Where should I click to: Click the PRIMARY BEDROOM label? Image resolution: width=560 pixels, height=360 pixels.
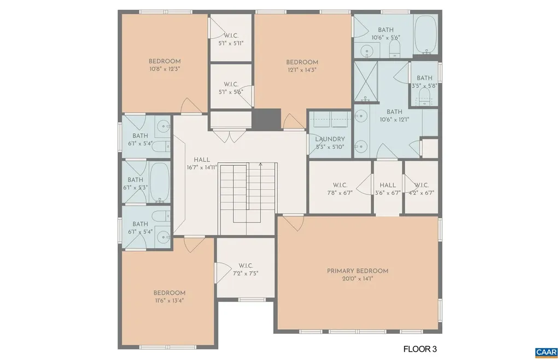pyautogui.click(x=358, y=271)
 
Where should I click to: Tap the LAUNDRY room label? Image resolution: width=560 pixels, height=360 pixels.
pyautogui.click(x=330, y=140)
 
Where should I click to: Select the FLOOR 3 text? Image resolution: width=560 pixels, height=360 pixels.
pyautogui.click(x=420, y=349)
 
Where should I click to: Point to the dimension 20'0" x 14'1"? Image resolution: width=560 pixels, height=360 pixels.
pyautogui.click(x=358, y=279)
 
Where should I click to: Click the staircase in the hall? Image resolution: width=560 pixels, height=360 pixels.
pyautogui.click(x=246, y=194)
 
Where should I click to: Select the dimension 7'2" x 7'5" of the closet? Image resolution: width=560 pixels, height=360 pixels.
pyautogui.click(x=245, y=274)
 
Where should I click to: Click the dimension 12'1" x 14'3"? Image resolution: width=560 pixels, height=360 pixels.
pyautogui.click(x=302, y=70)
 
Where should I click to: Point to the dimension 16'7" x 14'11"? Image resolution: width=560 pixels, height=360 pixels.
pyautogui.click(x=202, y=168)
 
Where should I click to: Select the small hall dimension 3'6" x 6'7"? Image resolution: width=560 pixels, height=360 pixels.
pyautogui.click(x=388, y=193)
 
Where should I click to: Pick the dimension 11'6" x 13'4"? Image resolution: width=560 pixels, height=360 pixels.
pyautogui.click(x=169, y=300)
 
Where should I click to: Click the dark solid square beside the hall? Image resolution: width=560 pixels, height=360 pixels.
pyautogui.click(x=266, y=119)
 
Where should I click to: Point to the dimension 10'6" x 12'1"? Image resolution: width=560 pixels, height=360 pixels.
pyautogui.click(x=394, y=120)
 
